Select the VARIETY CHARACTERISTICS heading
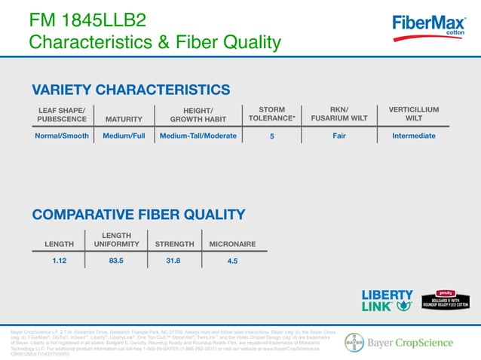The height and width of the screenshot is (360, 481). pyautogui.click(x=130, y=90)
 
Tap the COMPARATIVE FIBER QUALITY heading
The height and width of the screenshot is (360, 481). pyautogui.click(x=138, y=215)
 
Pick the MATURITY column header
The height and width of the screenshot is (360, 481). pyautogui.click(x=124, y=118)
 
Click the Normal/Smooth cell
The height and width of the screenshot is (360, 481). pyautogui.click(x=62, y=136)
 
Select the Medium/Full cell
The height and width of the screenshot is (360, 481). pyautogui.click(x=124, y=136)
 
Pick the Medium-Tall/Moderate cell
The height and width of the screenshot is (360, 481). pyautogui.click(x=198, y=136)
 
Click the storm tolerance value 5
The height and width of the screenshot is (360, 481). pyautogui.click(x=271, y=137)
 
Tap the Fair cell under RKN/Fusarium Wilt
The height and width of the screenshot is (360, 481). pyautogui.click(x=339, y=136)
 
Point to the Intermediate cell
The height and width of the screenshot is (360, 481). pyautogui.click(x=413, y=136)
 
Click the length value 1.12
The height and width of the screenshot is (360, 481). pyautogui.click(x=60, y=261)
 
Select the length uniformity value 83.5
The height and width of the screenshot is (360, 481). pyautogui.click(x=116, y=261)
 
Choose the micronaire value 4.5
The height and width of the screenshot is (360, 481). pyautogui.click(x=232, y=261)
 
